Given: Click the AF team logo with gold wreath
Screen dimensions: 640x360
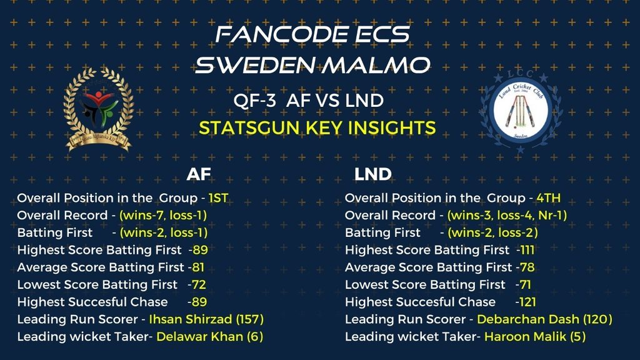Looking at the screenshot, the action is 98,109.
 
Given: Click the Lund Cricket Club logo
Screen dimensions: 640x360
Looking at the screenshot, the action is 521,110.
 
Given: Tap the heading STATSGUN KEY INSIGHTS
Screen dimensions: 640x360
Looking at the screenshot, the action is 317,128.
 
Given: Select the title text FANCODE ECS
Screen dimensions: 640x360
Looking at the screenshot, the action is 312,34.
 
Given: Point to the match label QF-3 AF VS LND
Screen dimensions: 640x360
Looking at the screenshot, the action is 309,101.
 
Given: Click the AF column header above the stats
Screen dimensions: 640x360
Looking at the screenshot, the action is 199,174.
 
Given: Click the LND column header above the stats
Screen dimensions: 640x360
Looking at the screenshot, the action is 372,174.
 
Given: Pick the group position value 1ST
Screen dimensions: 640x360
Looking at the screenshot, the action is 218,198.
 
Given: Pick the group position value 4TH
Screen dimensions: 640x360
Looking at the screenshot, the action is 548,198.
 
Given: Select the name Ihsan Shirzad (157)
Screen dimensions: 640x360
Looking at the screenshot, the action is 206,319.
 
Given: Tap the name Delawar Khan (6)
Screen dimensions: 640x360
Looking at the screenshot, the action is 210,337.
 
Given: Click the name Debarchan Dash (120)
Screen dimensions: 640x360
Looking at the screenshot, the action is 544,319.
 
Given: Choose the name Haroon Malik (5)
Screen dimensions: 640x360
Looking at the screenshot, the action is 535,337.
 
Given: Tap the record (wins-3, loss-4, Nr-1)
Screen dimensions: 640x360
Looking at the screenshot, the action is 507,216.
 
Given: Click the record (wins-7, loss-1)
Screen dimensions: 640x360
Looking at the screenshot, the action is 163,216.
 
